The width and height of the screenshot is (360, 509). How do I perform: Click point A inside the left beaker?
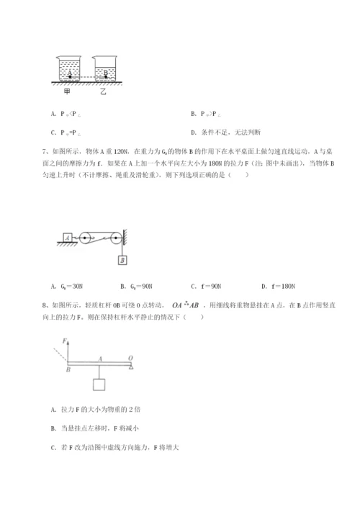click(x=69, y=73)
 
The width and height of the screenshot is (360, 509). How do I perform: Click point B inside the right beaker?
click(x=106, y=73)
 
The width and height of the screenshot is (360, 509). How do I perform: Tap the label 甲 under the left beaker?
click(x=66, y=92)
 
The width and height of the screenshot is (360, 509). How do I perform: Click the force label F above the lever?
click(x=64, y=339)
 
